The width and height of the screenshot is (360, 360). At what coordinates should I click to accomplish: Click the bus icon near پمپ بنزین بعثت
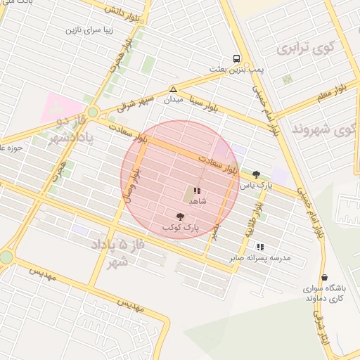click(x=236, y=59)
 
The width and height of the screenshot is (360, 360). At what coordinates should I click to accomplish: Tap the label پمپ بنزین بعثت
click(x=236, y=69)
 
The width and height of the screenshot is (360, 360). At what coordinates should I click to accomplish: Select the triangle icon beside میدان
click(x=173, y=89)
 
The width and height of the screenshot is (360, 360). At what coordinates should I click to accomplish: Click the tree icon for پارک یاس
click(x=255, y=174)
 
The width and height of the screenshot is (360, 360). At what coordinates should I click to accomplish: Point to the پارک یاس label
click(x=255, y=186)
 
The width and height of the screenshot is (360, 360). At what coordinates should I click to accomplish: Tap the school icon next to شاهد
click(x=196, y=191)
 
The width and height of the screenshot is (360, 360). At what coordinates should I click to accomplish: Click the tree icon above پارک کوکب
click(x=181, y=217)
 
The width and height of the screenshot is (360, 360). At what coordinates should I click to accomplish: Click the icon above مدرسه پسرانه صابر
click(x=260, y=247)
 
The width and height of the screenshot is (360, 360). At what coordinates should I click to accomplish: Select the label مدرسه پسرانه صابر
click(x=259, y=258)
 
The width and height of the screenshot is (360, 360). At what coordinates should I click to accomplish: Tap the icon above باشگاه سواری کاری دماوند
click(x=324, y=278)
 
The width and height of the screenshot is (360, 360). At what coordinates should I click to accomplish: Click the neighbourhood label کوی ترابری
click(x=303, y=49)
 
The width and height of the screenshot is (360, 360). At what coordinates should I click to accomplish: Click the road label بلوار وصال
click(x=131, y=185)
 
